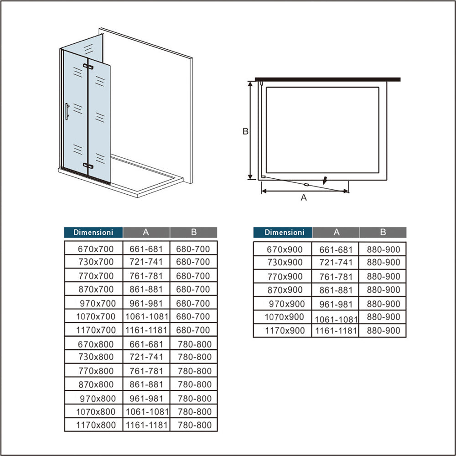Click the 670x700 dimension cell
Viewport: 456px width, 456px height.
(96, 249)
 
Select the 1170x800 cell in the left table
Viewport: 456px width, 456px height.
(96, 425)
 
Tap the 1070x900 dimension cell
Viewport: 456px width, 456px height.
(284, 317)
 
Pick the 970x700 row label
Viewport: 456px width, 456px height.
(98, 303)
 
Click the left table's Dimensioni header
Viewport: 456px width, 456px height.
(93, 233)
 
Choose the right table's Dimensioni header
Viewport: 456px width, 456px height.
(283, 233)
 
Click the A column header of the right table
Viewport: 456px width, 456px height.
(336, 233)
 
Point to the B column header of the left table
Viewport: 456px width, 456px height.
(194, 233)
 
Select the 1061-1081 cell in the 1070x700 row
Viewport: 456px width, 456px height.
(146, 316)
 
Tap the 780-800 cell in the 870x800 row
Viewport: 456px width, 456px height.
(195, 384)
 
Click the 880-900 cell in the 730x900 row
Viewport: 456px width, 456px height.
(383, 262)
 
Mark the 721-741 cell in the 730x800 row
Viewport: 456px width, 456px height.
(146, 357)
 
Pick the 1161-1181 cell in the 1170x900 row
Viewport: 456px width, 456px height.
(336, 331)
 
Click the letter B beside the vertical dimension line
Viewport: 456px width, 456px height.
(245, 131)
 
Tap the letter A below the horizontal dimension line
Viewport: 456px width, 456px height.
(304, 198)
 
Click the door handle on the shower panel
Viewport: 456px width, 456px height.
(67, 111)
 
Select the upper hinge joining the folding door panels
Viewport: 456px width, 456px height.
(88, 67)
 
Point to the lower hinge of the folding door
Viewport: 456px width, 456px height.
(88, 166)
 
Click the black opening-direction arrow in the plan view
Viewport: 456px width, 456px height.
(325, 180)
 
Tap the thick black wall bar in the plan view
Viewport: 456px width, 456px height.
(328, 79)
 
